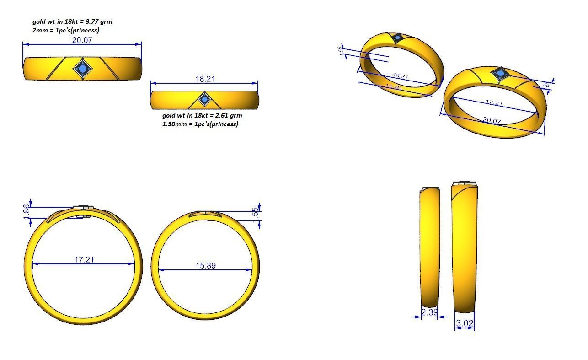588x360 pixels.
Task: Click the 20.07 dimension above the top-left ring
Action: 82,40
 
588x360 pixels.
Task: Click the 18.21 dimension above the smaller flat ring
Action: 205,79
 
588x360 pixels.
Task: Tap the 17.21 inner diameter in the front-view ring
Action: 84,259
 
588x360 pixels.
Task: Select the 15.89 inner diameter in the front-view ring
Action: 205,265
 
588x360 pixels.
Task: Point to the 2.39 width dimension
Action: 429,312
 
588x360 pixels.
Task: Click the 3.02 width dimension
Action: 465,323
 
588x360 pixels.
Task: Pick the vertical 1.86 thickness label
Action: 26,211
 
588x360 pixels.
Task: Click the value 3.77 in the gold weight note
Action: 93,21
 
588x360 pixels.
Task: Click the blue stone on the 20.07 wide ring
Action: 83,69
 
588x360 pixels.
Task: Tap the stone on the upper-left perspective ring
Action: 397,38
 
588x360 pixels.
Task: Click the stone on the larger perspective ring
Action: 500,74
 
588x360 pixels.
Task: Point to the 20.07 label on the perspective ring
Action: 492,121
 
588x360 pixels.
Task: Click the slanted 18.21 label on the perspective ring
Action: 400,76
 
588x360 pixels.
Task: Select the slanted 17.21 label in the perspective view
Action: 494,103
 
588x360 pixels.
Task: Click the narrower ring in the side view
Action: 429,247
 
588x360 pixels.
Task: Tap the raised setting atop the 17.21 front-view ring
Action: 84,208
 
